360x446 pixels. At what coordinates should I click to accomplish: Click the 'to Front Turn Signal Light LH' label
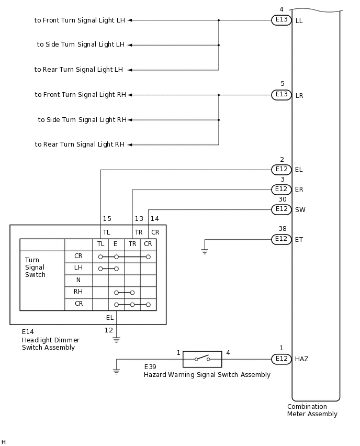(80, 20)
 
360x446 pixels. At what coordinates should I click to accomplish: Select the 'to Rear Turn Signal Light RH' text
(80, 144)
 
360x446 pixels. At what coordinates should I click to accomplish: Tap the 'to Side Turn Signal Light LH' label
(81, 45)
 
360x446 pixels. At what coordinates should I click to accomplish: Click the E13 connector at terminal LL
(282, 20)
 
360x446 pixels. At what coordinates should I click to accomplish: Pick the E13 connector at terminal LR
(282, 95)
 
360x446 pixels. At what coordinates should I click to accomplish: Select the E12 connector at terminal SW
(282, 209)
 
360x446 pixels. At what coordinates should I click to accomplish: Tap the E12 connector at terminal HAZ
(282, 359)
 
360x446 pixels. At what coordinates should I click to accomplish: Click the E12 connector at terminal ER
(282, 189)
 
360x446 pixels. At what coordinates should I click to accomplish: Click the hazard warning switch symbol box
(203, 359)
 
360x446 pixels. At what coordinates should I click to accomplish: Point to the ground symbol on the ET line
(205, 251)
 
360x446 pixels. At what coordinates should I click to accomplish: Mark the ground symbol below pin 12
(116, 340)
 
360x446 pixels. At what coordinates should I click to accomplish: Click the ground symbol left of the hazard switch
(116, 371)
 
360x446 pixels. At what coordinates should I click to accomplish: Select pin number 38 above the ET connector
(282, 229)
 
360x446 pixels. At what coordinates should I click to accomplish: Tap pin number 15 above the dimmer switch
(107, 219)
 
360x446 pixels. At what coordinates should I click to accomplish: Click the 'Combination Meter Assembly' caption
(312, 410)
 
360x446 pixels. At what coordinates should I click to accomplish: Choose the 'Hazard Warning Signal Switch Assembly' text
(207, 375)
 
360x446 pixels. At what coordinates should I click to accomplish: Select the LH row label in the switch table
(78, 268)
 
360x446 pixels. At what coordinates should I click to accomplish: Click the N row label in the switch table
(78, 280)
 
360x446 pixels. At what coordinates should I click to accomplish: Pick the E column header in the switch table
(116, 244)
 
